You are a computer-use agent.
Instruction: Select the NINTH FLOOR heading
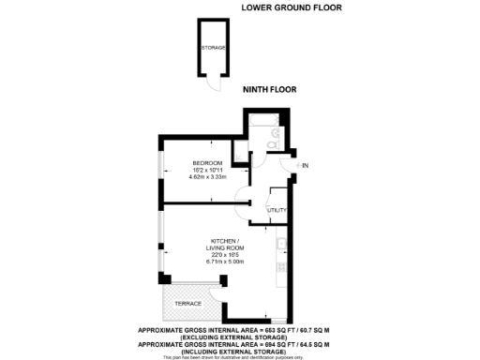tap(269, 90)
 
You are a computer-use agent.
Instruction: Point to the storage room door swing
tap(215, 82)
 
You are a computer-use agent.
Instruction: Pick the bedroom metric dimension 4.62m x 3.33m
tap(208, 175)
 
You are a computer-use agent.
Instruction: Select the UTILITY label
tap(277, 210)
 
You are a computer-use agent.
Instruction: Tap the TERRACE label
tap(188, 305)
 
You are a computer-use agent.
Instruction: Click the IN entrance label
tap(304, 165)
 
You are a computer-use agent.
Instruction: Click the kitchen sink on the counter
tap(282, 247)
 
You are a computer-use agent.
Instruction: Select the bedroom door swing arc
tap(242, 200)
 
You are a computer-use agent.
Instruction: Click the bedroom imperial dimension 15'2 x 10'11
tap(207, 168)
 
